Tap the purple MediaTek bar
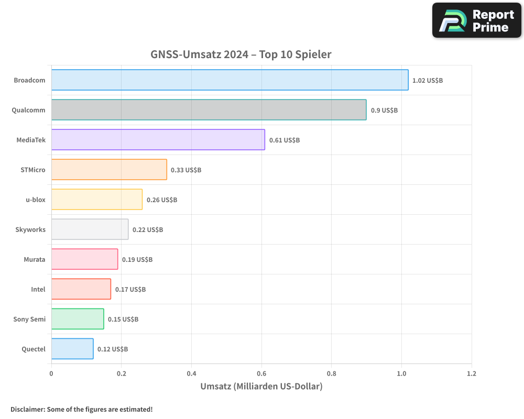(x=158, y=140)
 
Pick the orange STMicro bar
(x=109, y=170)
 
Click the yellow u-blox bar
(x=96, y=200)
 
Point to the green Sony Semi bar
(x=78, y=319)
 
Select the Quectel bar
(x=72, y=349)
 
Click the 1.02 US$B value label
(x=428, y=81)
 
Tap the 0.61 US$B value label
(x=285, y=140)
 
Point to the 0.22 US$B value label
(x=148, y=230)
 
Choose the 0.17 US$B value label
(x=130, y=290)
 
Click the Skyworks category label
(x=30, y=230)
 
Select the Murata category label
(x=35, y=260)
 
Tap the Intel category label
(x=38, y=290)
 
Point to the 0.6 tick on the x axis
(x=261, y=374)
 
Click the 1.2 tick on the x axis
(x=472, y=374)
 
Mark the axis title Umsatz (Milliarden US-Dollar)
(x=261, y=387)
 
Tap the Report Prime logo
(x=476, y=20)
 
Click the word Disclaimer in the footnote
(x=27, y=409)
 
